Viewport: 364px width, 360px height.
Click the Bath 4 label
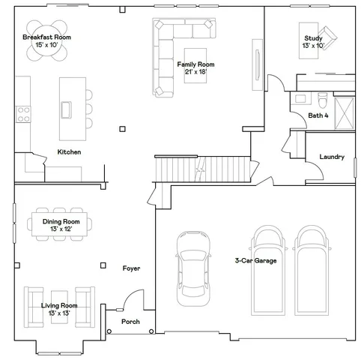click(x=318, y=115)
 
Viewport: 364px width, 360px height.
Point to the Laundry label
click(x=331, y=157)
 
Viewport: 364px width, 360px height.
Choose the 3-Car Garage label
click(x=255, y=261)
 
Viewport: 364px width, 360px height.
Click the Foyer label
click(x=131, y=268)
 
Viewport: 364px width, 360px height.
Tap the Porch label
click(x=130, y=322)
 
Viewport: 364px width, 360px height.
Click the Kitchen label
click(x=69, y=152)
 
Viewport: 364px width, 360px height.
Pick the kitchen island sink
click(x=67, y=109)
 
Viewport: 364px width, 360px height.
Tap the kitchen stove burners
click(x=22, y=113)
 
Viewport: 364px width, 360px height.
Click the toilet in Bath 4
click(x=321, y=99)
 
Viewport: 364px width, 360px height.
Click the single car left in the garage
click(x=192, y=268)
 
